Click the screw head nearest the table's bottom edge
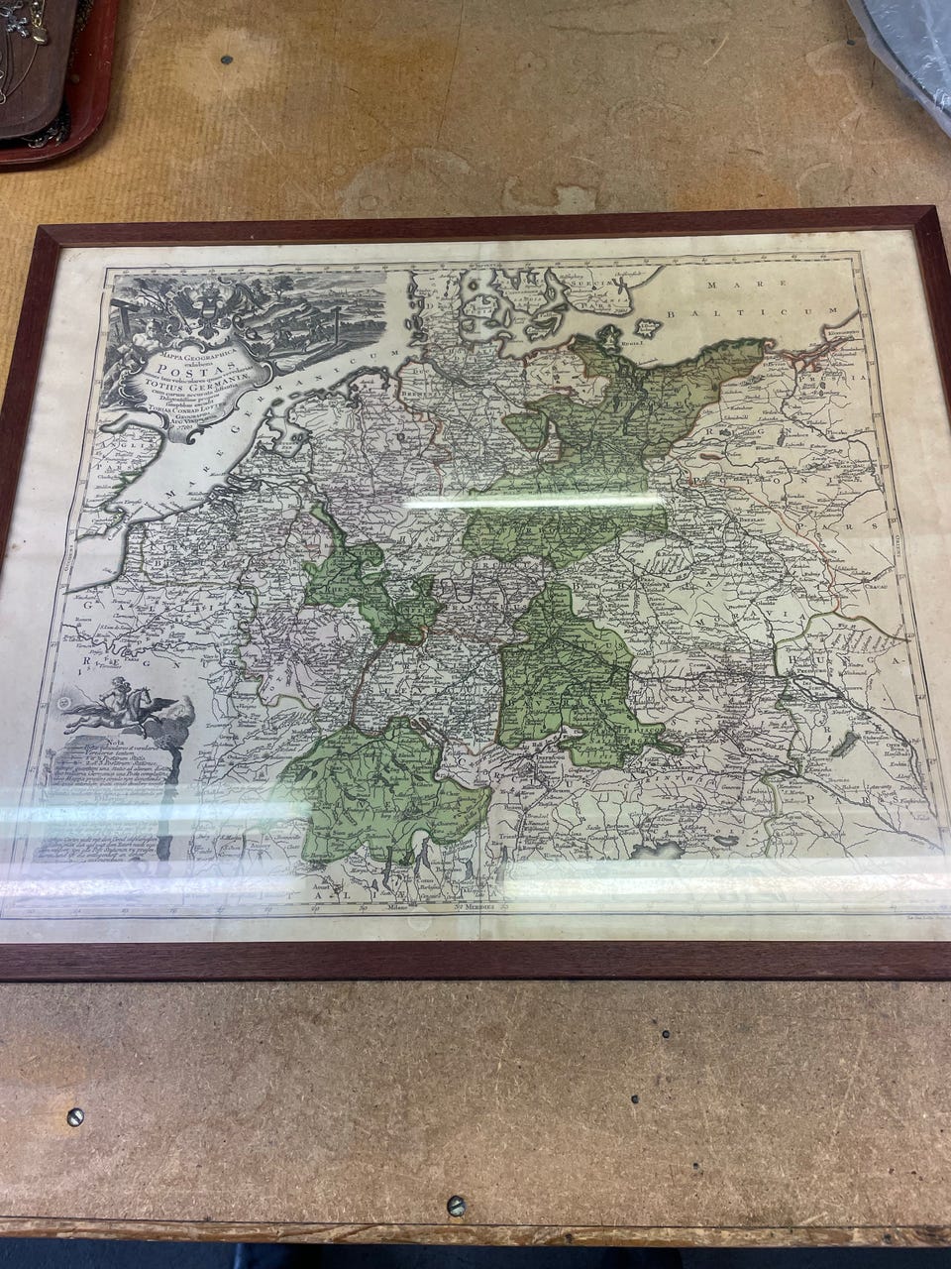pyautogui.click(x=456, y=1207)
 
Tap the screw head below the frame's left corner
pyautogui.click(x=74, y=1117)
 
